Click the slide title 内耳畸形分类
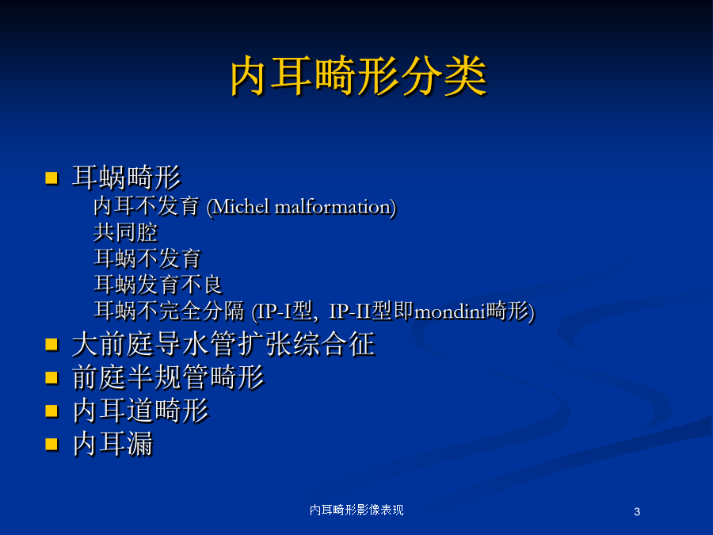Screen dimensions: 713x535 [359, 76]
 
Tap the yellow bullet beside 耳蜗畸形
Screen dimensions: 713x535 [51, 178]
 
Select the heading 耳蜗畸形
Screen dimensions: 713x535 [127, 177]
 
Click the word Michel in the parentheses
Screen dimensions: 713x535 [242, 207]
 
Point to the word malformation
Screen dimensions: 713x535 [333, 207]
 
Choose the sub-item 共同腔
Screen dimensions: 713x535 [126, 232]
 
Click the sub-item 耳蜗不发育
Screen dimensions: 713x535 [147, 258]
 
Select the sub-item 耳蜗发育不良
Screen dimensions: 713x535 [158, 285]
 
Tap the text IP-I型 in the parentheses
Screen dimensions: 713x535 [284, 311]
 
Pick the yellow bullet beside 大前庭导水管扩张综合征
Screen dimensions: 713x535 [51, 345]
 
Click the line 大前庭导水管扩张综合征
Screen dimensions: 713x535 [223, 344]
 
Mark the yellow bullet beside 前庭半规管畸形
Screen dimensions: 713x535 [51, 377]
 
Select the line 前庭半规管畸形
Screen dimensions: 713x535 [168, 377]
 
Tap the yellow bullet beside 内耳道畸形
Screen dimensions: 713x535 [51, 411]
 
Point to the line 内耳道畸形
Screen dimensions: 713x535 [140, 411]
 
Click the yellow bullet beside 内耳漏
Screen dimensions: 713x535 [51, 444]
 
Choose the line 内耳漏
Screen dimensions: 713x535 [112, 444]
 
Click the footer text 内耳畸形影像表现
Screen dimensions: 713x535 [356, 510]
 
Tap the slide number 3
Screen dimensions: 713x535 [637, 512]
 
